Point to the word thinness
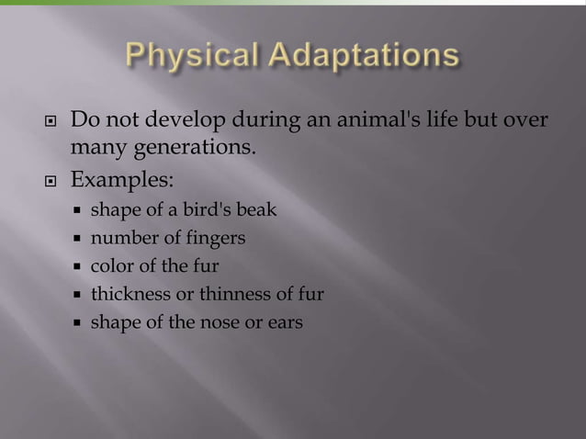pyautogui.click(x=218, y=295)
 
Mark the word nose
pyautogui.click(x=210, y=322)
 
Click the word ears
pyautogui.click(x=283, y=323)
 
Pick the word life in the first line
pyautogui.click(x=422, y=119)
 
